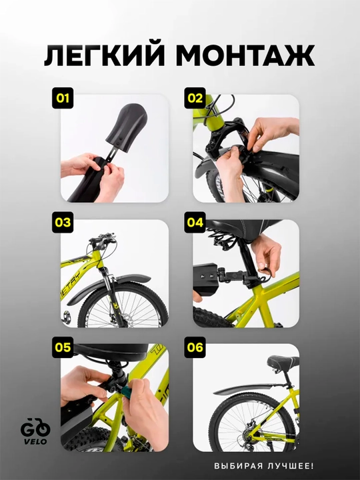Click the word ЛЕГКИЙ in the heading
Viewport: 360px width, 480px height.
click(x=103, y=55)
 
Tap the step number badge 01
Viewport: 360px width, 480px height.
click(x=63, y=98)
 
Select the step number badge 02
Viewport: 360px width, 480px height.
click(x=195, y=98)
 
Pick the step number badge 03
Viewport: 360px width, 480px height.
click(x=63, y=222)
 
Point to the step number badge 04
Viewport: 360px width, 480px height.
click(x=195, y=222)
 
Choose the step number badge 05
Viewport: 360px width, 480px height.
click(x=63, y=347)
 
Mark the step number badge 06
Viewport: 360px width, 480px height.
click(x=195, y=347)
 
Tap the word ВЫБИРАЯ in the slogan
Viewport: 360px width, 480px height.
click(x=239, y=466)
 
